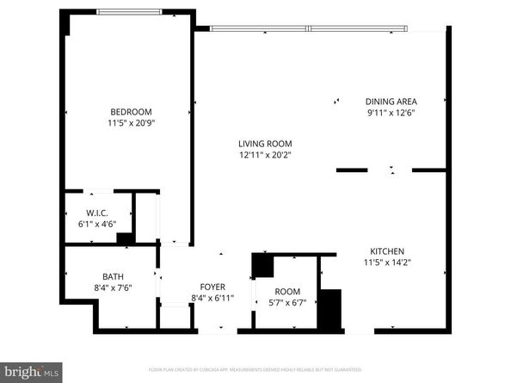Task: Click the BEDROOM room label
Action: pyautogui.click(x=131, y=111)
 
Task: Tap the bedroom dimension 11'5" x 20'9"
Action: pyautogui.click(x=131, y=123)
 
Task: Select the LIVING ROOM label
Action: pyautogui.click(x=266, y=144)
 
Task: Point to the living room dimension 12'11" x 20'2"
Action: pyautogui.click(x=266, y=156)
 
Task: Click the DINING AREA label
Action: pyautogui.click(x=391, y=101)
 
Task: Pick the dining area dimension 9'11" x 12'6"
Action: pyautogui.click(x=391, y=112)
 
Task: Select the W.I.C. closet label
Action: pyautogui.click(x=96, y=213)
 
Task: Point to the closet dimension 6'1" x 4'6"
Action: pyautogui.click(x=96, y=225)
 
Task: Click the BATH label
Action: pyautogui.click(x=113, y=276)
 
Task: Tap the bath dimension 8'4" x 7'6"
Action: pyautogui.click(x=113, y=288)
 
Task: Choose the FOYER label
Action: pyautogui.click(x=212, y=287)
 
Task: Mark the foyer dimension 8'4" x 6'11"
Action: pyautogui.click(x=212, y=299)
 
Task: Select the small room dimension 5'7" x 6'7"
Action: pyautogui.click(x=287, y=302)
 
